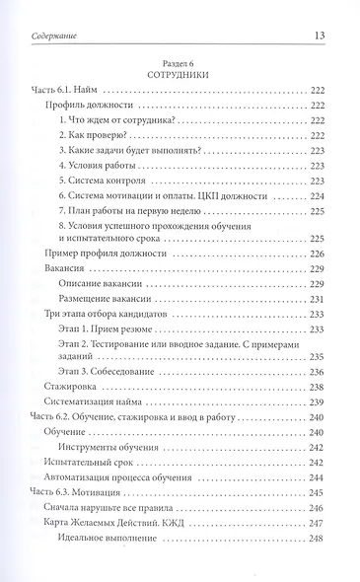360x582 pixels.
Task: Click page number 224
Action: coord(318,196)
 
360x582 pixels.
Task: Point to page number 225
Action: coord(318,239)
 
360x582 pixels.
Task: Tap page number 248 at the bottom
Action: coord(318,538)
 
